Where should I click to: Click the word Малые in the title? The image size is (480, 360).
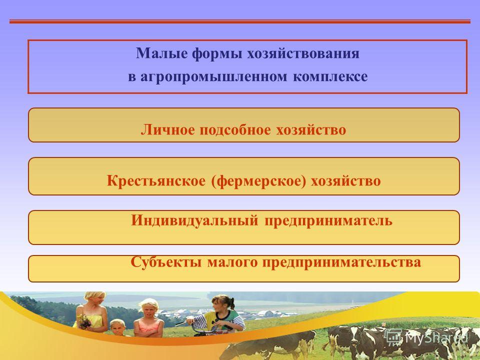[x=161, y=53]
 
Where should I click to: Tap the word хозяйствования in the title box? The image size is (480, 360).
[x=303, y=53]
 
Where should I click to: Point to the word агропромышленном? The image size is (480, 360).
[x=213, y=77]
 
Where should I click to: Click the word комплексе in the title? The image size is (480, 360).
[x=330, y=76]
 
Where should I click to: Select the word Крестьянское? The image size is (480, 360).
[x=156, y=180]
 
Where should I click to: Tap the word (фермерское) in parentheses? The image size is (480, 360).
[x=258, y=181]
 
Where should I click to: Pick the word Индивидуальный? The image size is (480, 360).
[x=194, y=220]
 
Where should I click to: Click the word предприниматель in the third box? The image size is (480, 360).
[x=328, y=221]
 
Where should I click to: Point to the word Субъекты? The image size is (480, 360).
[x=166, y=262]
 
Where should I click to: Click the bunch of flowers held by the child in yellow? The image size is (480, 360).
[x=83, y=321]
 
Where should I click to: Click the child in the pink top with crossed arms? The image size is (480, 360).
[x=148, y=318]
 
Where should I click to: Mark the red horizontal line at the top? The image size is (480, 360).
[x=240, y=21]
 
